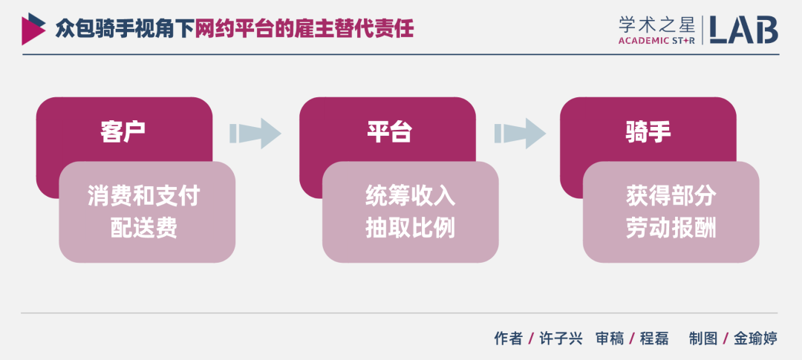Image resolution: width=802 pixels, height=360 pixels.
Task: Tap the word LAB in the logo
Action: pos(743,29)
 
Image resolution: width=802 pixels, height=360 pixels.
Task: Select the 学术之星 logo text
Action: pos(656,23)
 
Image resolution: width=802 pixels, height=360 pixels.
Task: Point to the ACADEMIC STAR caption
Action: pos(656,41)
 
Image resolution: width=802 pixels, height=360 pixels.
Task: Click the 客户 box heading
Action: pos(123,131)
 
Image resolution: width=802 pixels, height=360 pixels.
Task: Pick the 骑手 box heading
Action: pos(648,131)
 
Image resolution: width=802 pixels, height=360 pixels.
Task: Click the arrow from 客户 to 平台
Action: pos(255,134)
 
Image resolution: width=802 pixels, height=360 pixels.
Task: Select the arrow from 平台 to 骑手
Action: pos(519,134)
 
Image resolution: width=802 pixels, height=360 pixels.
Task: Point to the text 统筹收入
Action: pos(411,196)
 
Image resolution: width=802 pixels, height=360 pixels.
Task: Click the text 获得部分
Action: pos(671,196)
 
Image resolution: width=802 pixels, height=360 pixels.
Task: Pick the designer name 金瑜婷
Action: pos(755,338)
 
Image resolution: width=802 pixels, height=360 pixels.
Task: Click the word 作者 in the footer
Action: pos(509,338)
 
